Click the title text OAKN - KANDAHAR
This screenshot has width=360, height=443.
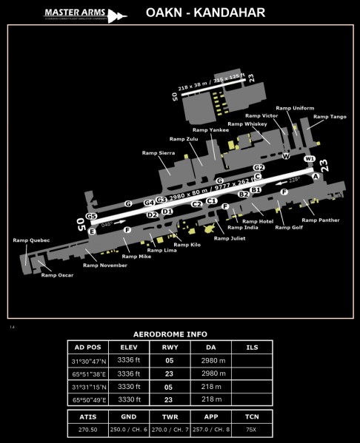tap(205, 13)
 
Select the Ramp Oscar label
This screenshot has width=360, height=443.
tap(57, 275)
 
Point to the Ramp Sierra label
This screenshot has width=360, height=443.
tap(158, 152)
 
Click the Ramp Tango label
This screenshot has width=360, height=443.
tap(330, 117)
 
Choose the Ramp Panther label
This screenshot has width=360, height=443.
tap(320, 220)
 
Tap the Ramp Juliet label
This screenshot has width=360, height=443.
tap(230, 238)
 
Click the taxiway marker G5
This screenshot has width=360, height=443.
tap(91, 216)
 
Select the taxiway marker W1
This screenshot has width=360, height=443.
tap(310, 159)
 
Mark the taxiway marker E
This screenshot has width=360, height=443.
tap(92, 231)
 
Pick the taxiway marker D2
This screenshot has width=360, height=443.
tap(152, 214)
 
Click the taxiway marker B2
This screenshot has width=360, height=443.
tap(243, 195)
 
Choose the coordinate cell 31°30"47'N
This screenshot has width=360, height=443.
tap(87, 360)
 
